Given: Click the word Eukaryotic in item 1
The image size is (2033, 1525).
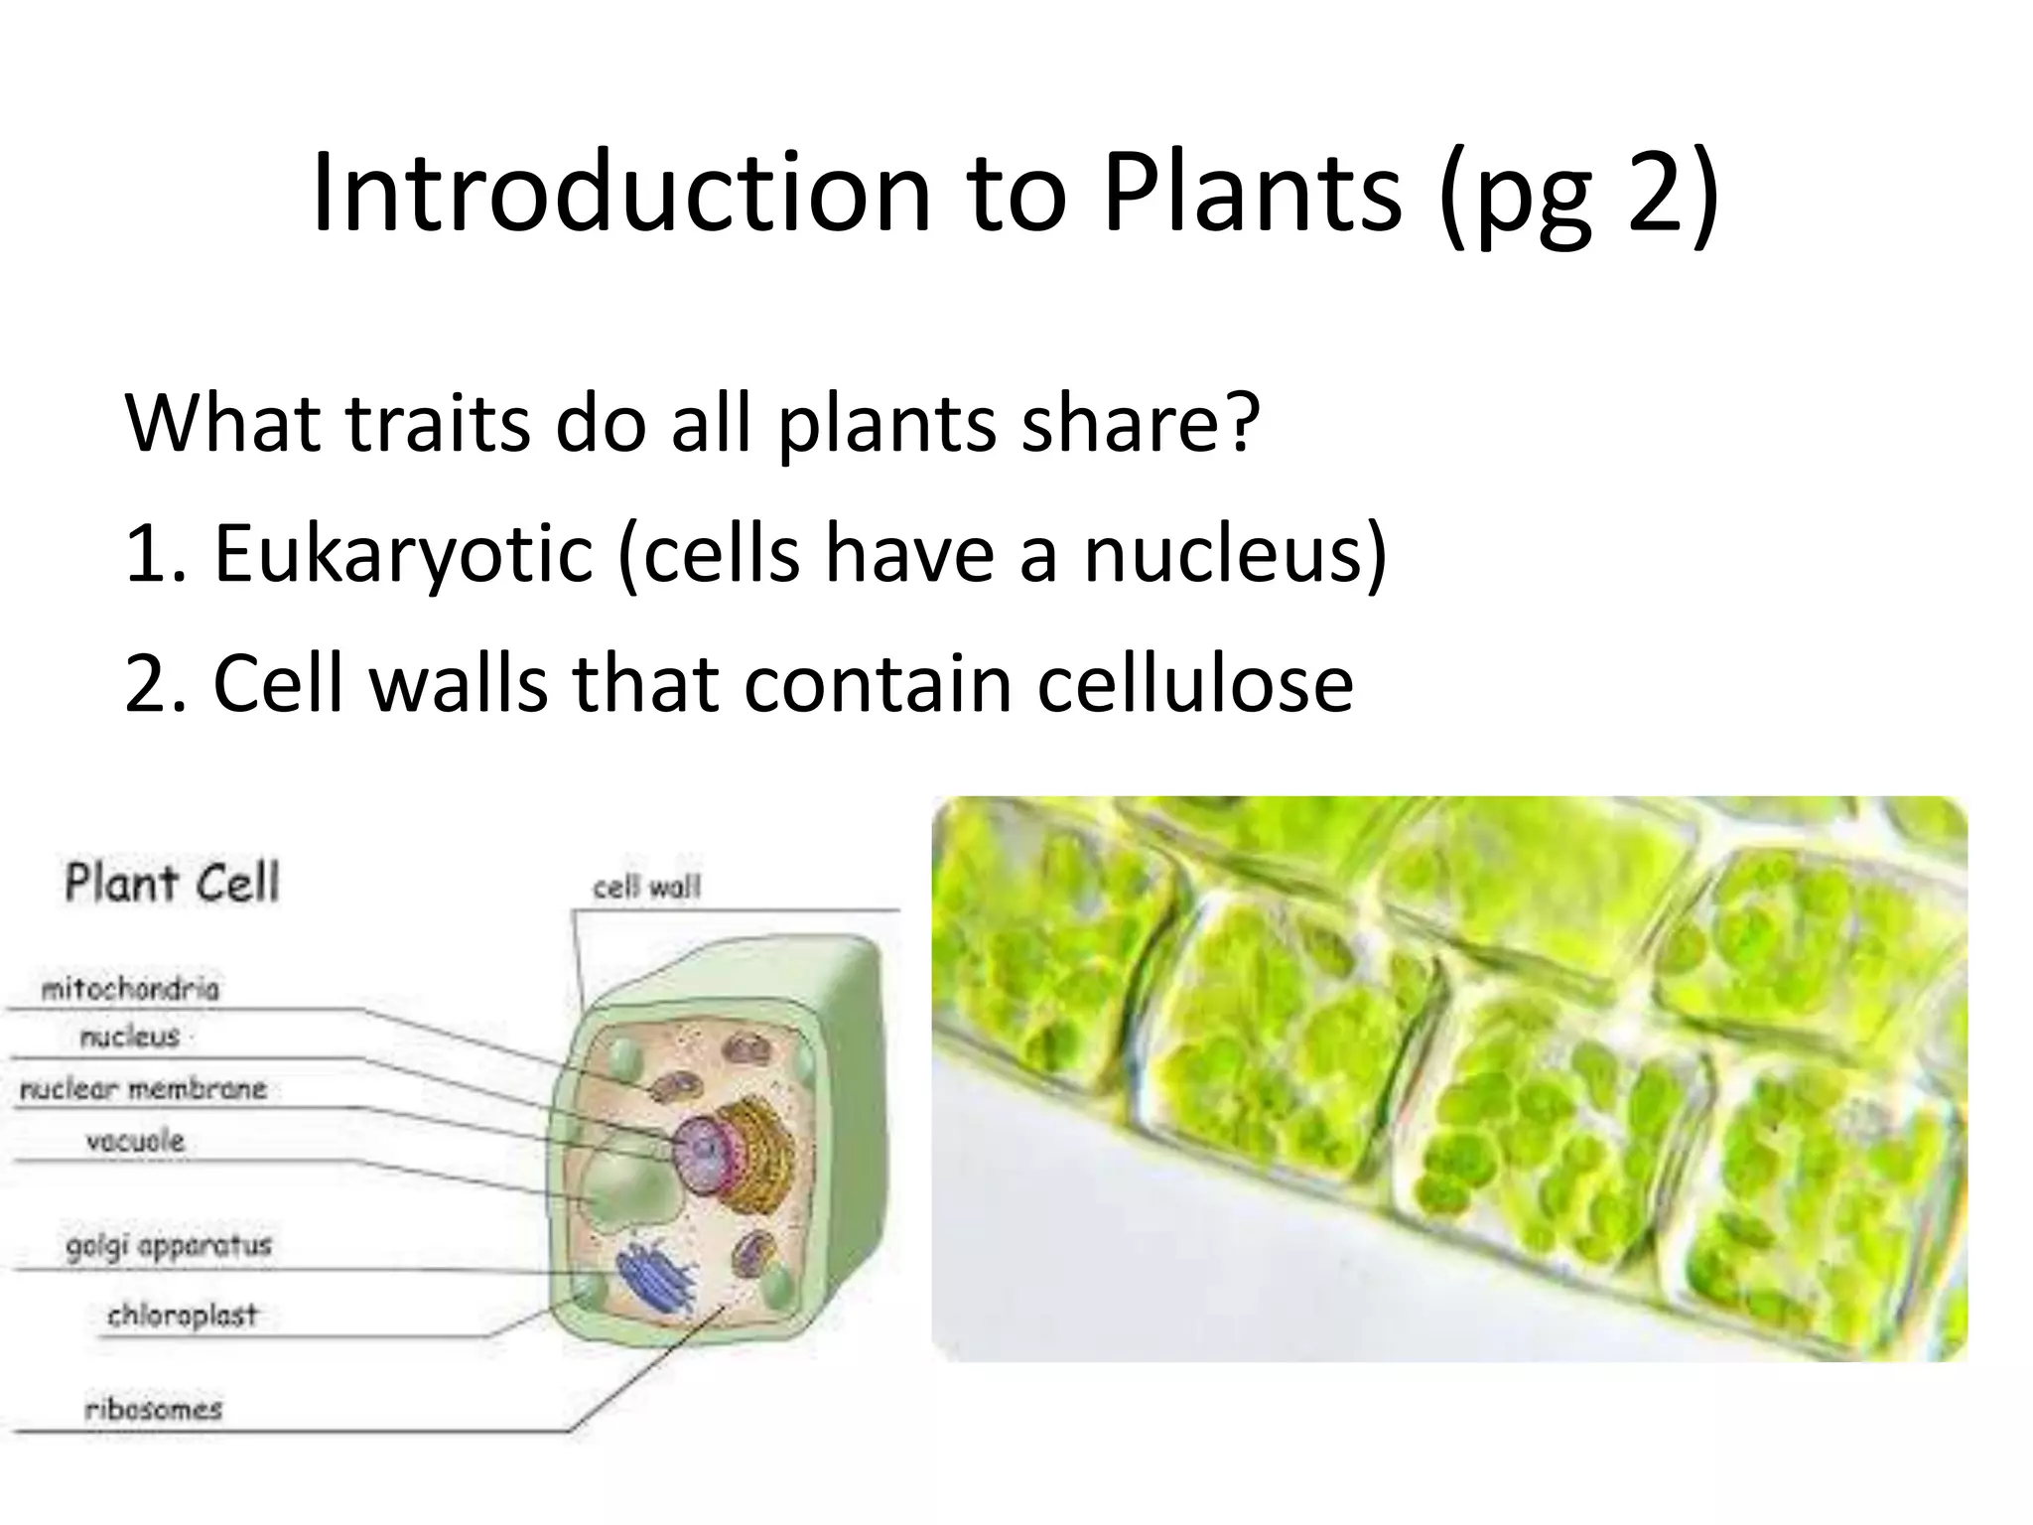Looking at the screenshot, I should (x=403, y=553).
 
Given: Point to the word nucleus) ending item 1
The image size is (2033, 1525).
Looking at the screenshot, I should (x=1235, y=553).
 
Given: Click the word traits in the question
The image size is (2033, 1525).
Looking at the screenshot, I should (x=437, y=423).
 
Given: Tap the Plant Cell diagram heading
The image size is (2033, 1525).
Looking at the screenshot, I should (x=172, y=883).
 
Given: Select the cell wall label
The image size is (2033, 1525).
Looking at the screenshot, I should (x=646, y=887).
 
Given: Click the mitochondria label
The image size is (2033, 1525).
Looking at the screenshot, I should (x=130, y=989).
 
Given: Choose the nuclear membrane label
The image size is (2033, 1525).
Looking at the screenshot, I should (x=143, y=1089).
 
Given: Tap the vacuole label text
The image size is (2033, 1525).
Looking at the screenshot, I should (x=135, y=1141).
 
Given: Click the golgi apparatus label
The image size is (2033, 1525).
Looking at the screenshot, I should (x=169, y=1245).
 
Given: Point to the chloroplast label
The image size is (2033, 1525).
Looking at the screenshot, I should (x=182, y=1316).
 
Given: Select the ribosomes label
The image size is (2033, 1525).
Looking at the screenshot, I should (x=153, y=1409).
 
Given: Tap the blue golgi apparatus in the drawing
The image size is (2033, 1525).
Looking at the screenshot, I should (x=655, y=1280).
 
